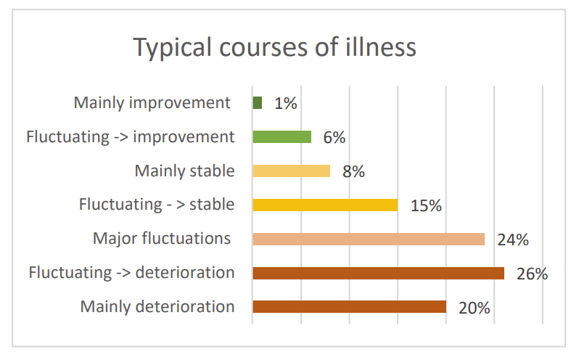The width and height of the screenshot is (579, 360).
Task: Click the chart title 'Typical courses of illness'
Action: [275, 48]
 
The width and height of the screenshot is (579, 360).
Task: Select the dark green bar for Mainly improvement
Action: [257, 103]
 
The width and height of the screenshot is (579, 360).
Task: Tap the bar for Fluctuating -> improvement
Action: [282, 136]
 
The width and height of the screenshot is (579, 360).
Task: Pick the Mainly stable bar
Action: [291, 171]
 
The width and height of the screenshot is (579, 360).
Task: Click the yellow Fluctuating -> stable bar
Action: [325, 205]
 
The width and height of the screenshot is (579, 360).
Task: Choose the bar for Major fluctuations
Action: [368, 239]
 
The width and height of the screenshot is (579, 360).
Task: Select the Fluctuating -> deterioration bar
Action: [378, 273]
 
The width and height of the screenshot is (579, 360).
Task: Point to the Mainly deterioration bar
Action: [349, 306]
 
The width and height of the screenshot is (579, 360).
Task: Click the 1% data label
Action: [286, 104]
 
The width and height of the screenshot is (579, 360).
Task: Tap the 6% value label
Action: [334, 137]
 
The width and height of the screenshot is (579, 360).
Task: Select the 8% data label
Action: [353, 172]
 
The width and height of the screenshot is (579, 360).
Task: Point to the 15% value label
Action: [425, 205]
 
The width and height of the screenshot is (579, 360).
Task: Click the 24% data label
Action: [512, 240]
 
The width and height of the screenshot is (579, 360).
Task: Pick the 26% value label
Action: [532, 274]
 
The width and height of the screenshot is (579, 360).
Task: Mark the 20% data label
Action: [475, 308]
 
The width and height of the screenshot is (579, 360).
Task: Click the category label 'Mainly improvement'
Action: [152, 103]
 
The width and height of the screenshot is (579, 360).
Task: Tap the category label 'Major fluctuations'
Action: [162, 238]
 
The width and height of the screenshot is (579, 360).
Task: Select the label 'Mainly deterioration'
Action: [157, 306]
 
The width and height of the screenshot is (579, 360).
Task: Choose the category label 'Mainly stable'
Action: [184, 171]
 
